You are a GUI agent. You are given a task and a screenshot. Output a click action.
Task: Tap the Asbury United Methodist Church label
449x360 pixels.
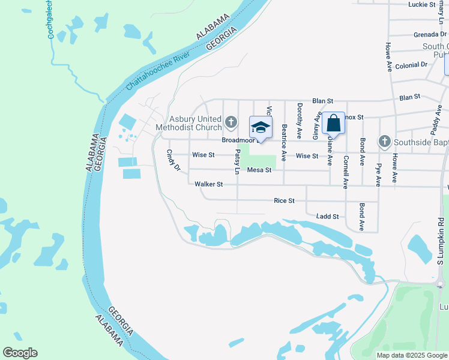(x=188, y=123)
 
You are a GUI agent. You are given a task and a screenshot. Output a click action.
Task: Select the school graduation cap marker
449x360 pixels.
(x=261, y=127)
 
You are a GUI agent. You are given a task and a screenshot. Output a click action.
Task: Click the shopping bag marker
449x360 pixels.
(x=333, y=124)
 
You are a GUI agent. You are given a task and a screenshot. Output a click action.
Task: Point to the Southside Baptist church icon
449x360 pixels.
(x=385, y=142)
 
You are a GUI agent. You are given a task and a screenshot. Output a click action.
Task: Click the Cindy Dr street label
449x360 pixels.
(x=173, y=160)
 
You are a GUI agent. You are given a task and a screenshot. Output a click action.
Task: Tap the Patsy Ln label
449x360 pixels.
(x=237, y=162)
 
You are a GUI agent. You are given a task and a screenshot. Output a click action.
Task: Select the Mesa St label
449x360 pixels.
(x=260, y=170)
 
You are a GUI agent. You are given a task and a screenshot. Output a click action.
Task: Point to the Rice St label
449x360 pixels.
(x=284, y=200)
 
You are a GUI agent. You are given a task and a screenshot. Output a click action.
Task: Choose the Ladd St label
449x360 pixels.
(x=328, y=216)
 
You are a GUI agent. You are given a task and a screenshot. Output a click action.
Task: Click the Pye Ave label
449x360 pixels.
(x=378, y=172)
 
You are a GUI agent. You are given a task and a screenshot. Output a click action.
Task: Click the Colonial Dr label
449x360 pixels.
(x=411, y=64)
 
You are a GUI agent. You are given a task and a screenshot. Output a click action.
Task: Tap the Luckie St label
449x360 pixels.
(x=421, y=4)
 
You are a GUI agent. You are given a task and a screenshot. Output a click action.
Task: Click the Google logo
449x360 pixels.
(x=20, y=352)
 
